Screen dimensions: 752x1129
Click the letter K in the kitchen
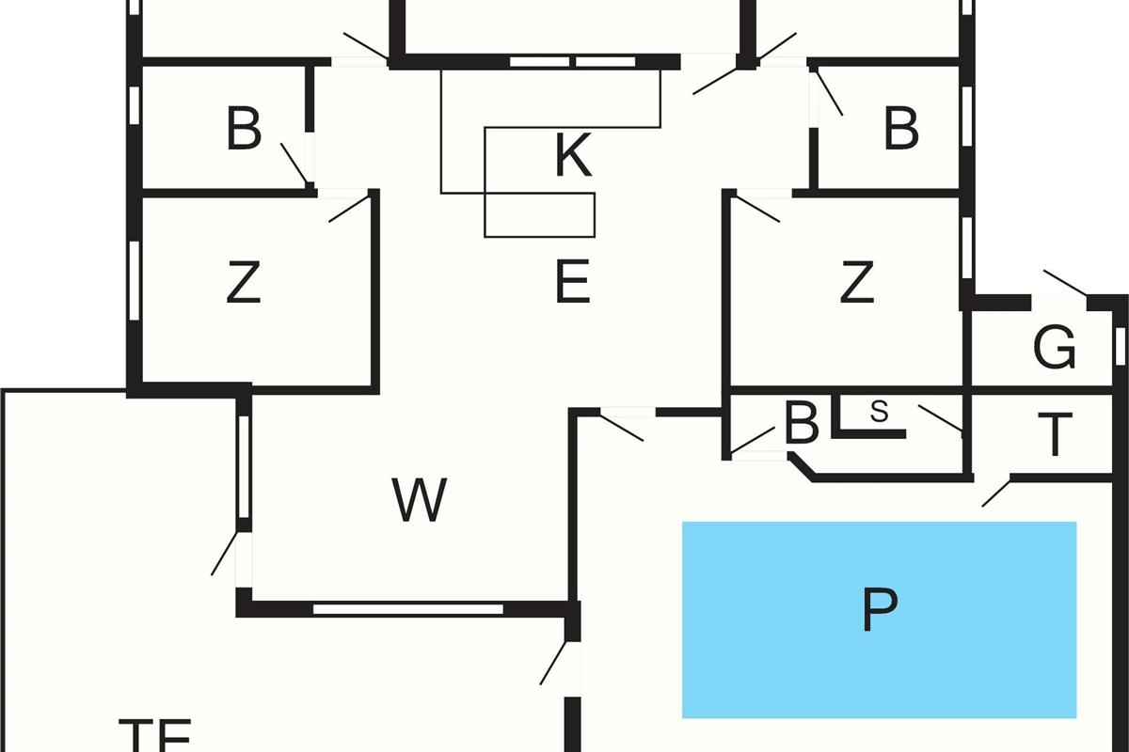[573, 156]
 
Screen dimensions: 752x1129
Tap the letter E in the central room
[573, 283]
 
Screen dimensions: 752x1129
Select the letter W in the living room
[420, 500]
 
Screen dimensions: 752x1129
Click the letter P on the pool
[879, 611]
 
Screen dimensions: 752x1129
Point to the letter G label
[1055, 350]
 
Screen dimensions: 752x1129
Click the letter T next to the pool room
[1057, 434]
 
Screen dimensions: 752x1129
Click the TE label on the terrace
[156, 733]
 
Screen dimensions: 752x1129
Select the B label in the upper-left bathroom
[244, 130]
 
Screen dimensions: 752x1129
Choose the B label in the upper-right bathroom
[900, 130]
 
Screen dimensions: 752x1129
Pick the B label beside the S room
[802, 425]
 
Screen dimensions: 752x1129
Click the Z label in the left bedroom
[244, 283]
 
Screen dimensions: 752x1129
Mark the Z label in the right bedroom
[856, 283]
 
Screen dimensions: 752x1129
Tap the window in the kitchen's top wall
[573, 62]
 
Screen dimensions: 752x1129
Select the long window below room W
[408, 609]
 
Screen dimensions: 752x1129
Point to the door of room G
[1063, 282]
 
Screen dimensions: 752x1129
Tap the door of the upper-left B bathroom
[295, 164]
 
